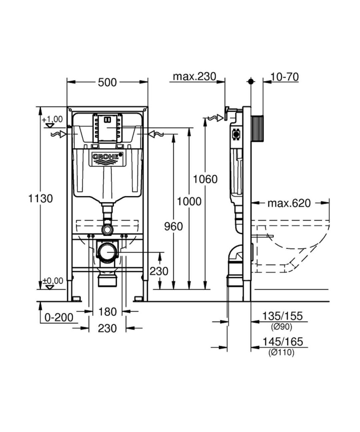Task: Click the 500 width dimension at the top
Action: tap(107, 82)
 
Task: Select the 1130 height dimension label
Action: tap(41, 198)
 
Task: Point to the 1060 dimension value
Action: tap(205, 179)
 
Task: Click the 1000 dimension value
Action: tap(189, 202)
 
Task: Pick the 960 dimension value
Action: tap(173, 227)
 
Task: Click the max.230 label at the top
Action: tap(194, 77)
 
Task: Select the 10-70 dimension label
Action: tap(284, 77)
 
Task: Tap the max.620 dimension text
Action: tap(289, 203)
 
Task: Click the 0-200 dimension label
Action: tap(59, 317)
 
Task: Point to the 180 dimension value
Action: tap(107, 312)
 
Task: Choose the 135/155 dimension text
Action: tap(282, 316)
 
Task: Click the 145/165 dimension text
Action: tap(282, 342)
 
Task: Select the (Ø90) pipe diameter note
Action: tap(281, 327)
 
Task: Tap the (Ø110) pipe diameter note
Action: tap(281, 352)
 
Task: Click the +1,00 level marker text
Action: tap(52, 119)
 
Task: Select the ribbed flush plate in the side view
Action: tap(257, 128)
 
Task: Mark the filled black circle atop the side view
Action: tap(251, 81)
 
